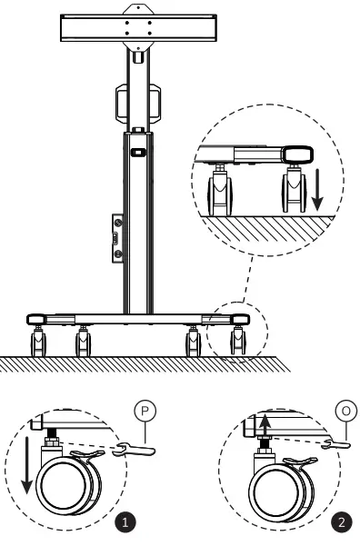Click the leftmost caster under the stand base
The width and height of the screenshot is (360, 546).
38,342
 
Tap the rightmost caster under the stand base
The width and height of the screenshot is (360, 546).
238,342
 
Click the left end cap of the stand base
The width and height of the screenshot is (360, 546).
37,320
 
